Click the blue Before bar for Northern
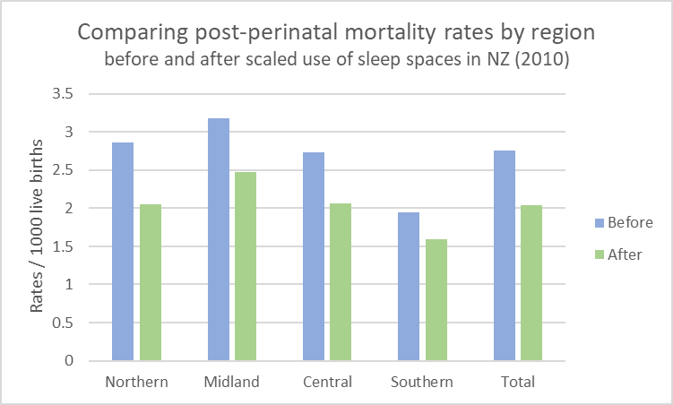pos(122,252)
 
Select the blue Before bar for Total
pos(505,255)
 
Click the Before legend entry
pos(620,222)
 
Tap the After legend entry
pos(617,254)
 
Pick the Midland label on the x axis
pos(232,382)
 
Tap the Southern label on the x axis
pos(422,382)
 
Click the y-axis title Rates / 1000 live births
pos(38,228)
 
